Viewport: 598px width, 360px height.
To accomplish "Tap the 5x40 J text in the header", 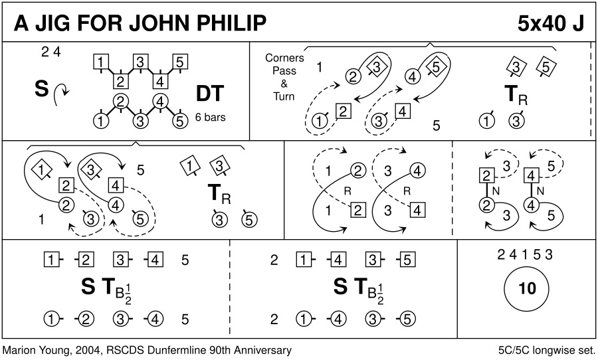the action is pyautogui.click(x=551, y=23).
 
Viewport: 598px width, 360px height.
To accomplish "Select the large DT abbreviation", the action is pyautogui.click(x=209, y=94).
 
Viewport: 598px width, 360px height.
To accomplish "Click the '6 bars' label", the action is pyautogui.click(x=210, y=117).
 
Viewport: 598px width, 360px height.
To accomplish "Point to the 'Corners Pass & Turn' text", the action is pyautogui.click(x=284, y=77).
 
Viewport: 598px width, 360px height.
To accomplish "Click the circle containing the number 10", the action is pyautogui.click(x=527, y=288).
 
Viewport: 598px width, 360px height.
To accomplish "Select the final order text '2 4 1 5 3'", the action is pyautogui.click(x=525, y=254).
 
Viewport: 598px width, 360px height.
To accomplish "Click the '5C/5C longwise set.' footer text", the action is pyautogui.click(x=547, y=350).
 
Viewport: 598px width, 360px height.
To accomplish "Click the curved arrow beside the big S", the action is pyautogui.click(x=60, y=94).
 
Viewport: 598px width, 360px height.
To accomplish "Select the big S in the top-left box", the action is pyautogui.click(x=42, y=89).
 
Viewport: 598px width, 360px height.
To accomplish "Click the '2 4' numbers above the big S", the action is pyautogui.click(x=51, y=52).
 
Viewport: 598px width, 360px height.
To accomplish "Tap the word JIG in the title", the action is pyautogui.click(x=52, y=23).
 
